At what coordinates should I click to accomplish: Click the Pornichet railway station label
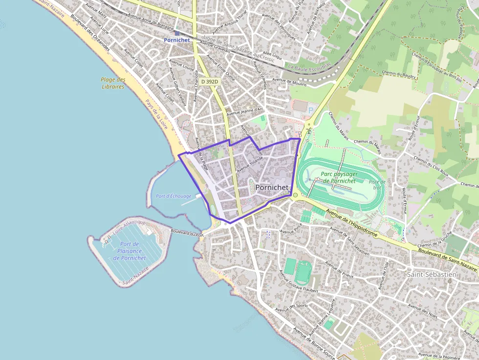coord(176,40)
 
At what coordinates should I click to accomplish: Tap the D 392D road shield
coord(209,82)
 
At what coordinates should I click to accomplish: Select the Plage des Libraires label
coord(113,83)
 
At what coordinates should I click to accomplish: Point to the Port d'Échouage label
coord(174,196)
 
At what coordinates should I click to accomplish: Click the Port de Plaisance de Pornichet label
coord(130,251)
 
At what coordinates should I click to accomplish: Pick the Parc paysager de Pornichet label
coord(340,177)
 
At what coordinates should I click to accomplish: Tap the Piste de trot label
coord(377,184)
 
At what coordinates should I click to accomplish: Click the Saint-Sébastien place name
coord(432,275)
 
